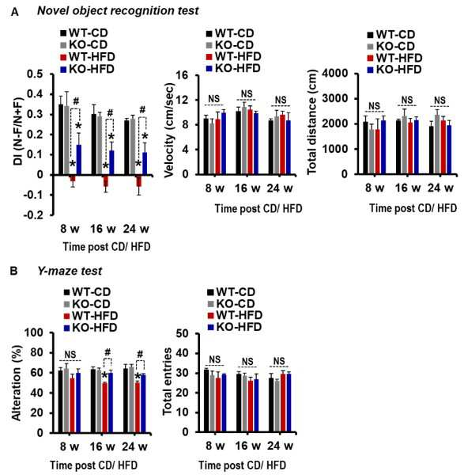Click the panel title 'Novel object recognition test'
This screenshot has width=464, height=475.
pos(118,11)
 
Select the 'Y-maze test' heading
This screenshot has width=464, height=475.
pos(70,271)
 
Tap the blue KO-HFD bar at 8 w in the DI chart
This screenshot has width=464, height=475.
pos(79,160)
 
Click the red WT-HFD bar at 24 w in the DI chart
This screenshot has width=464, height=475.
pos(139,180)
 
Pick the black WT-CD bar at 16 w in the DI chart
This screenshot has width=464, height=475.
pos(94,145)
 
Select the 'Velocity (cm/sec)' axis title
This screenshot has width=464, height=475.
pos(170,130)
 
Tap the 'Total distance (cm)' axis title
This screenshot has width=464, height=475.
pos(312,122)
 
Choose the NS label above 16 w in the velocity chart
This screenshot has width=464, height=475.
pos(246,94)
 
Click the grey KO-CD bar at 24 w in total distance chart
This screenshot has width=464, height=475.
pos(437,145)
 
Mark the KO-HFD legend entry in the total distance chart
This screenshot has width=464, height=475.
pos(394,70)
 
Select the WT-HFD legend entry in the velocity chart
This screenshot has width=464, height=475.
pos(233,56)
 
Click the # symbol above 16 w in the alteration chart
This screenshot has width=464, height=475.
pos(108,352)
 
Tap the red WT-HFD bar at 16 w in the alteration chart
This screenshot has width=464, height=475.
pos(104,408)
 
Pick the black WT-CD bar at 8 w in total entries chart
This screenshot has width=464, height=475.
pos(206,401)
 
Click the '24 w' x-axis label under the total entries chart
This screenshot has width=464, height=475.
pos(280,446)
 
